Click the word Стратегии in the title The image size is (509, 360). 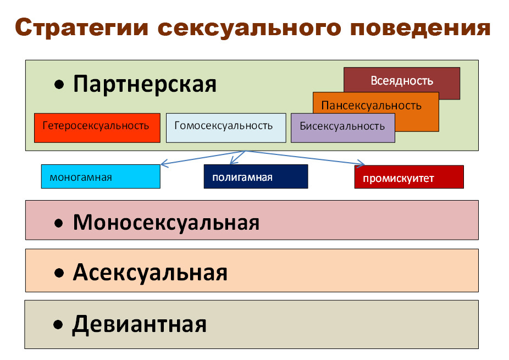click(81, 28)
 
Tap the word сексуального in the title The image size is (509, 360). click(250, 28)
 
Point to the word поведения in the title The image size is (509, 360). click(421, 28)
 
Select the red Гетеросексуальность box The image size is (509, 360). click(97, 128)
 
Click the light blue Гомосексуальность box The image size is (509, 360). click(226, 128)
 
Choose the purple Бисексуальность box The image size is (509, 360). click(343, 128)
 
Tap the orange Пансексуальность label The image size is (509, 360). click(372, 106)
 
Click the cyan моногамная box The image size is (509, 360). click(101, 176)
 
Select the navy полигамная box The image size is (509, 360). click(256, 176)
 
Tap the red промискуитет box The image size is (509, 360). click(409, 177)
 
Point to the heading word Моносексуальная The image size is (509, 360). click(166, 223)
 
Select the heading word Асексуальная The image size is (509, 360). click(150, 273)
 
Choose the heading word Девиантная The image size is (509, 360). click(139, 324)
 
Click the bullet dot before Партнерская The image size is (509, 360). click(59, 85)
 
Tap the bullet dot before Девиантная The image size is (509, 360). click(58, 325)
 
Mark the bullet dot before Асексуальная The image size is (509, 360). click(59, 273)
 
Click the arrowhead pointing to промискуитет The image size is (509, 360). click(361, 164)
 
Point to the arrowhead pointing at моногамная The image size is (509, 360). click(164, 163)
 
